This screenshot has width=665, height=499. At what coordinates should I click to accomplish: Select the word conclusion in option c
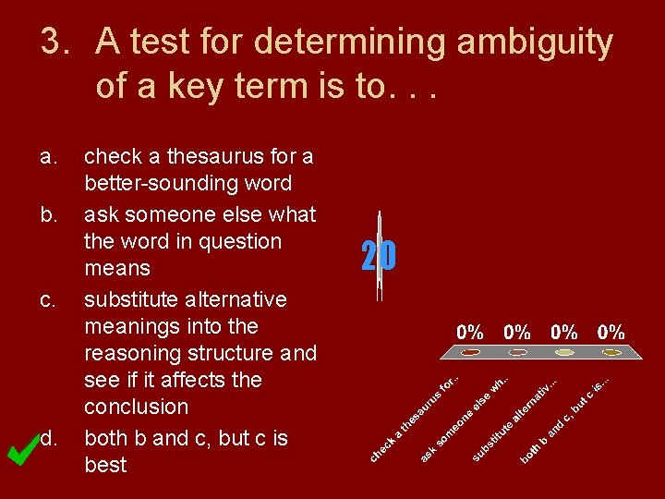pos(136,407)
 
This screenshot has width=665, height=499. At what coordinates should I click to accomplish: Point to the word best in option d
pos(105,465)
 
